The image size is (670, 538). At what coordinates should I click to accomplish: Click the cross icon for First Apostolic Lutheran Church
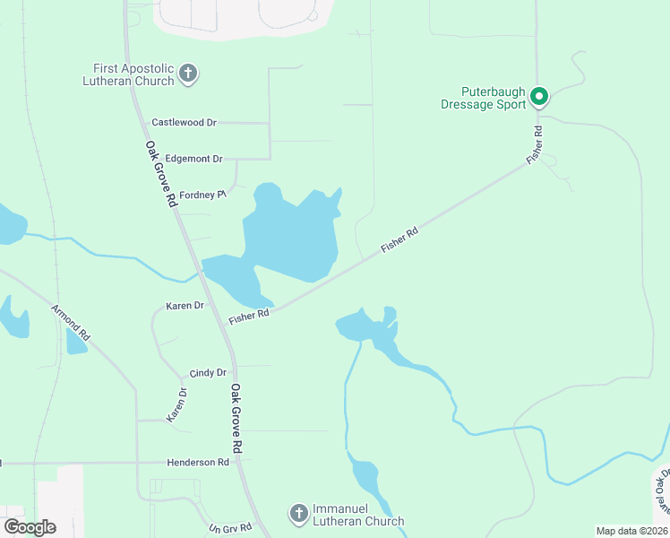pyautogui.click(x=188, y=74)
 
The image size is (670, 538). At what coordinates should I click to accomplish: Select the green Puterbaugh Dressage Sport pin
pyautogui.click(x=539, y=95)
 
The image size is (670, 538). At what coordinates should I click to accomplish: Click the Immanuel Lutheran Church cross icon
pyautogui.click(x=299, y=514)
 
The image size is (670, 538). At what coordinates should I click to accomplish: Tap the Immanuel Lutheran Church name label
pyautogui.click(x=358, y=515)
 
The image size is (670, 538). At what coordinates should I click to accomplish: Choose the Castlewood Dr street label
pyautogui.click(x=185, y=122)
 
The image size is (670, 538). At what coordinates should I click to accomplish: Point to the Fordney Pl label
pyautogui.click(x=202, y=195)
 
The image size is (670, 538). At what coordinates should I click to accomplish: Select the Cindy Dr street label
pyautogui.click(x=208, y=373)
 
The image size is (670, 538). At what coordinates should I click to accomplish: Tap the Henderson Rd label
pyautogui.click(x=198, y=463)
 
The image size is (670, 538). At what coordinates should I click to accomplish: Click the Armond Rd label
pyautogui.click(x=71, y=323)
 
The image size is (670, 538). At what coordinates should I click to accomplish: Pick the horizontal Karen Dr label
pyautogui.click(x=185, y=306)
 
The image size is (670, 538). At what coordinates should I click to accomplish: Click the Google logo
pyautogui.click(x=30, y=526)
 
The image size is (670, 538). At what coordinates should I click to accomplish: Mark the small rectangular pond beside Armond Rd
pyautogui.click(x=76, y=341)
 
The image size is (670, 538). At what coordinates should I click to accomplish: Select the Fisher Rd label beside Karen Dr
pyautogui.click(x=249, y=317)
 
